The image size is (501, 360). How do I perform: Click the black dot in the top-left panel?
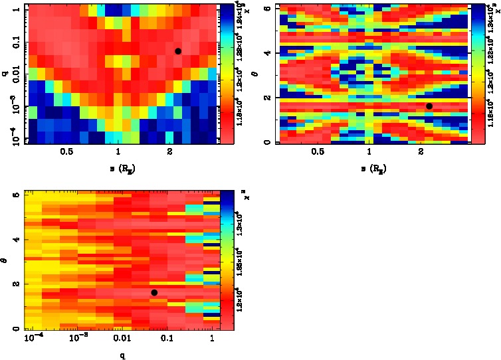[178, 51]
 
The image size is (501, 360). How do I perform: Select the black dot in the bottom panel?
[154, 292]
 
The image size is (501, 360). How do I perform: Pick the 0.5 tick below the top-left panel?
[66, 152]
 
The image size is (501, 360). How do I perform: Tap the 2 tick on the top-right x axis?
[421, 152]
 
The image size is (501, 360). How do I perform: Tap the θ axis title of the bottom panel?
[5, 262]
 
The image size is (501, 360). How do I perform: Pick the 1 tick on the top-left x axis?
[118, 152]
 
